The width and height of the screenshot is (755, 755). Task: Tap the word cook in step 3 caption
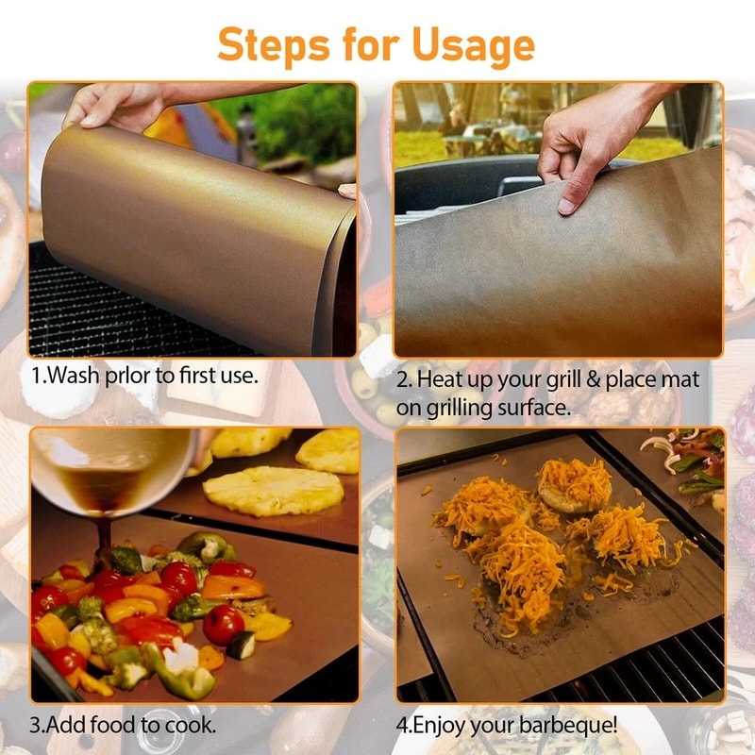[192, 726]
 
